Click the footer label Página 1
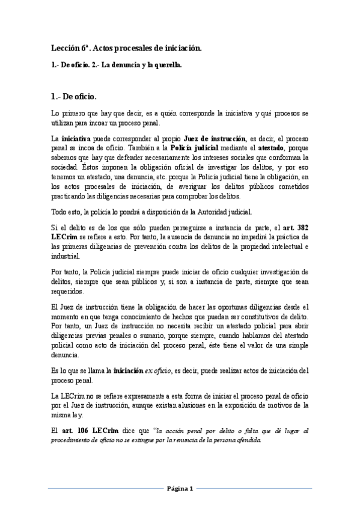click(x=180, y=488)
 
